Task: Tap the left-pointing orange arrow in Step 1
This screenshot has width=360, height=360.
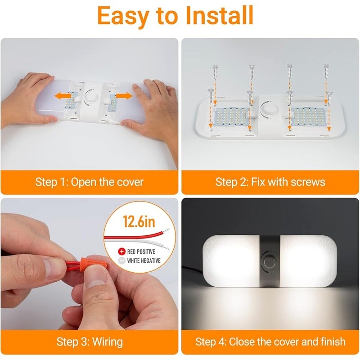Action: coord(63,95)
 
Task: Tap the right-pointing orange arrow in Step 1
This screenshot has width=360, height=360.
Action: coord(124,96)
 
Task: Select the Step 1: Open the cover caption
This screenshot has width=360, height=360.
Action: coord(89,182)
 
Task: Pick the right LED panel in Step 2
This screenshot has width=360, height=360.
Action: coord(308,117)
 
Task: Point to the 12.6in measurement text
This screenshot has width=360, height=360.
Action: coord(139,221)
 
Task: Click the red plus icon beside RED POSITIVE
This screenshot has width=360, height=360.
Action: coord(121,252)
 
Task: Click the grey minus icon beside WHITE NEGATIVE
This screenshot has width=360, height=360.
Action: coord(121,261)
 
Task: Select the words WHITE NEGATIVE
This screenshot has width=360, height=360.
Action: coord(144,261)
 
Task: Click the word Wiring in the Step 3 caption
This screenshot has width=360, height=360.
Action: coord(108,342)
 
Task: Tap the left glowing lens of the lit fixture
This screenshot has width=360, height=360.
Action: coord(231,261)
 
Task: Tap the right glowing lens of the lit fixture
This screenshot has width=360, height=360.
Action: coord(309,261)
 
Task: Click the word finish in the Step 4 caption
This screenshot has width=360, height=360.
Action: coord(333,342)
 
